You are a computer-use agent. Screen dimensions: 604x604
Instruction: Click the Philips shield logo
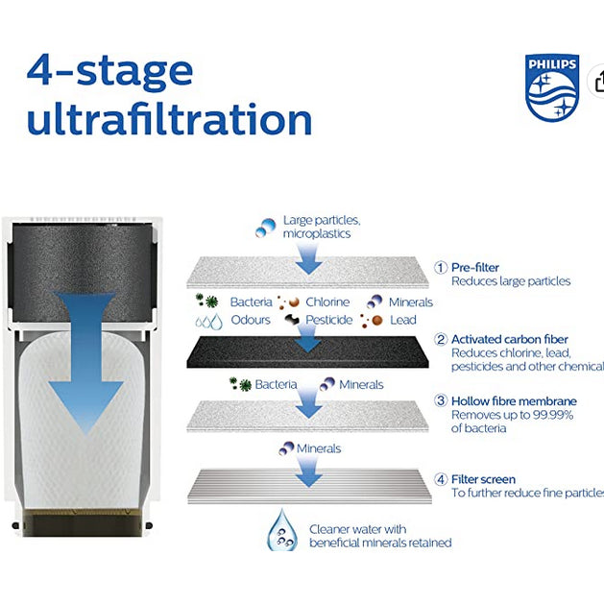pyautogui.click(x=552, y=88)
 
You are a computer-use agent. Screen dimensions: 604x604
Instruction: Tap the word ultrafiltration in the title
pyautogui.click(x=169, y=120)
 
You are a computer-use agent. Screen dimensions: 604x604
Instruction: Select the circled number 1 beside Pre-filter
pyautogui.click(x=441, y=268)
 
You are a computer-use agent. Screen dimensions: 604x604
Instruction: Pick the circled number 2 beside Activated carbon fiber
pyautogui.click(x=441, y=340)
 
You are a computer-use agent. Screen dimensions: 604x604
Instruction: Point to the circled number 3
pyautogui.click(x=441, y=400)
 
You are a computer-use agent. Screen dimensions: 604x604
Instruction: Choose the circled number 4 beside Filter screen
pyautogui.click(x=441, y=479)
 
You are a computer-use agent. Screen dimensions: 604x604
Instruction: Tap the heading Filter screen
pyautogui.click(x=483, y=479)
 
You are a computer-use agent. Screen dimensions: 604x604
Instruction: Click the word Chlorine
pyautogui.click(x=327, y=302)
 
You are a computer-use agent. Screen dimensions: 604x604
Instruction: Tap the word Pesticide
pyautogui.click(x=329, y=320)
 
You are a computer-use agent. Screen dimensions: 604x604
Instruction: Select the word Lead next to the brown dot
pyautogui.click(x=403, y=320)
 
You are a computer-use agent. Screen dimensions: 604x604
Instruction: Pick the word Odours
pyautogui.click(x=251, y=320)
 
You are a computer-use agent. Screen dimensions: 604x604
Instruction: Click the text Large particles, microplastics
pyautogui.click(x=322, y=227)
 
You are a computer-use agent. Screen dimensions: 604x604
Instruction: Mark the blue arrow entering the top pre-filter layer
pyautogui.click(x=307, y=256)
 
